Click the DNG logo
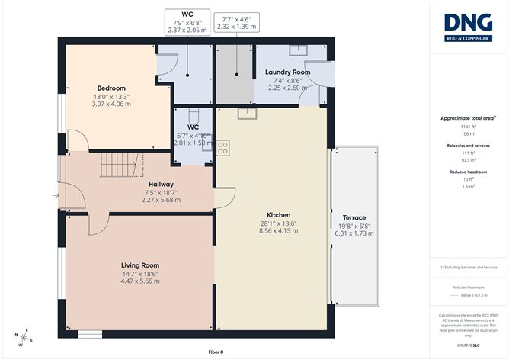(468, 24)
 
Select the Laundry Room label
(287, 72)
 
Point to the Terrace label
(354, 217)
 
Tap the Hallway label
(161, 184)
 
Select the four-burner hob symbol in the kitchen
(223, 147)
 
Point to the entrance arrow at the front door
(56, 196)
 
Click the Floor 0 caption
(217, 352)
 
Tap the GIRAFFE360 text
(468, 346)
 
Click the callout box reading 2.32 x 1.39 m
(237, 26)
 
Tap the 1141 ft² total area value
(468, 126)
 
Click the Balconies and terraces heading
(468, 146)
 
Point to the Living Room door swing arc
(98, 226)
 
